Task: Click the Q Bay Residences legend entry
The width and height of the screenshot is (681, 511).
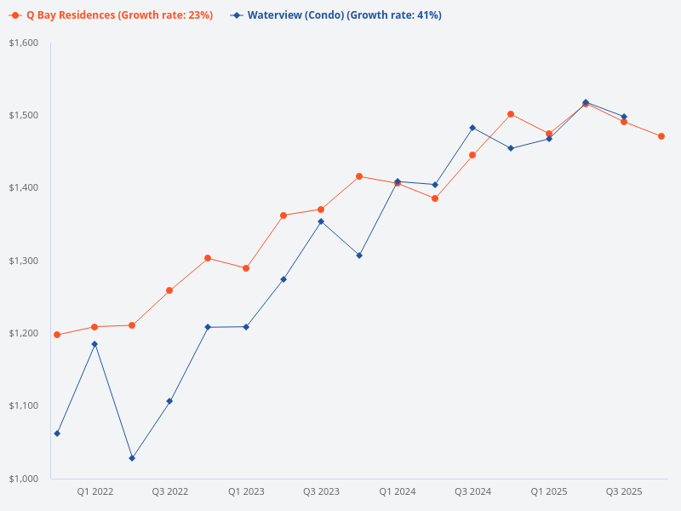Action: point(119,15)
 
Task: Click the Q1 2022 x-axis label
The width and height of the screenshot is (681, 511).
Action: point(94,491)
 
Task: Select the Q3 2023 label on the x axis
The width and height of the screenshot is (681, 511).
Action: point(321,491)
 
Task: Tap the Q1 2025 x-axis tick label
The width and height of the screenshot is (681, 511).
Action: point(549,491)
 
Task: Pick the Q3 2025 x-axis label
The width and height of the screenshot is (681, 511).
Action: point(624,491)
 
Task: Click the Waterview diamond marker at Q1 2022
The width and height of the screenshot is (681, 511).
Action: point(94,344)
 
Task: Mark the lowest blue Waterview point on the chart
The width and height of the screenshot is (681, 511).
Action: point(132,458)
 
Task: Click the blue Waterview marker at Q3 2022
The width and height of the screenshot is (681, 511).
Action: point(169,401)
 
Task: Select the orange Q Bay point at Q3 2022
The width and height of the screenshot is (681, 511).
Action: point(169,290)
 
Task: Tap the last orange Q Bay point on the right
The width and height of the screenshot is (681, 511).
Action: point(661,136)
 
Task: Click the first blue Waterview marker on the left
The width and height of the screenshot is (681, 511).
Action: point(57,433)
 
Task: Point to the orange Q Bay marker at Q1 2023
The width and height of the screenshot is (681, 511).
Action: point(246,268)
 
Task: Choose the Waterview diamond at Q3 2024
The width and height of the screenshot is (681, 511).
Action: point(472,128)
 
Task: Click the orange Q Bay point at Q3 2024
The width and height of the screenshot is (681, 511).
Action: point(472,155)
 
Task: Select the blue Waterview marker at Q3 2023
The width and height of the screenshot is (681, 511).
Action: point(321,221)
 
